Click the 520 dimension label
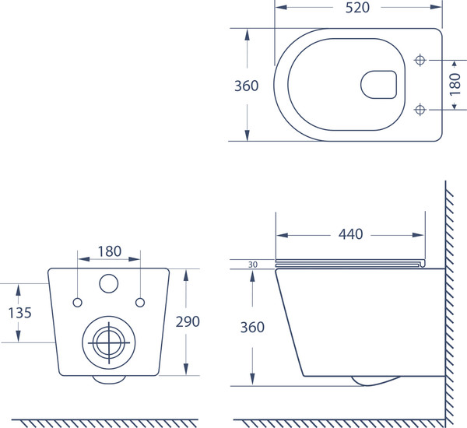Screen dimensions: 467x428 (357, 8)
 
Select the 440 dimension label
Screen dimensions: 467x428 (350, 234)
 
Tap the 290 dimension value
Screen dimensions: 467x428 (188, 321)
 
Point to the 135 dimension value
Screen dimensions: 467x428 (19, 313)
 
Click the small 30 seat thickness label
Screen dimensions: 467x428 (253, 265)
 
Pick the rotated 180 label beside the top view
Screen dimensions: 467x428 (455, 85)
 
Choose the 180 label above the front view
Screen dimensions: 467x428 (110, 251)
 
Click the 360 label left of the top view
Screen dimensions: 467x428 (246, 86)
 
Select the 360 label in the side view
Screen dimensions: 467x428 (252, 327)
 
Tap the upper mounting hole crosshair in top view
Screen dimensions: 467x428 (420, 60)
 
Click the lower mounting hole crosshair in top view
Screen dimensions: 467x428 (420, 110)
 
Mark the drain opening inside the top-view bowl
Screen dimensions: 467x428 (378, 85)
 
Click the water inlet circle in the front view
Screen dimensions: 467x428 (109, 283)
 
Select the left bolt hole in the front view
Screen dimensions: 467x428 (77, 303)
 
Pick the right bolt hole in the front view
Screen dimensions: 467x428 (140, 303)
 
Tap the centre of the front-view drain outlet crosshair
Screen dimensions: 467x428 (109, 342)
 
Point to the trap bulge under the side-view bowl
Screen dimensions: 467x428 (376, 381)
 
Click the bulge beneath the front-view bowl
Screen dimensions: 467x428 (109, 380)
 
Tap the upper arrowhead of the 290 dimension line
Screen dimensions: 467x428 (186, 275)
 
